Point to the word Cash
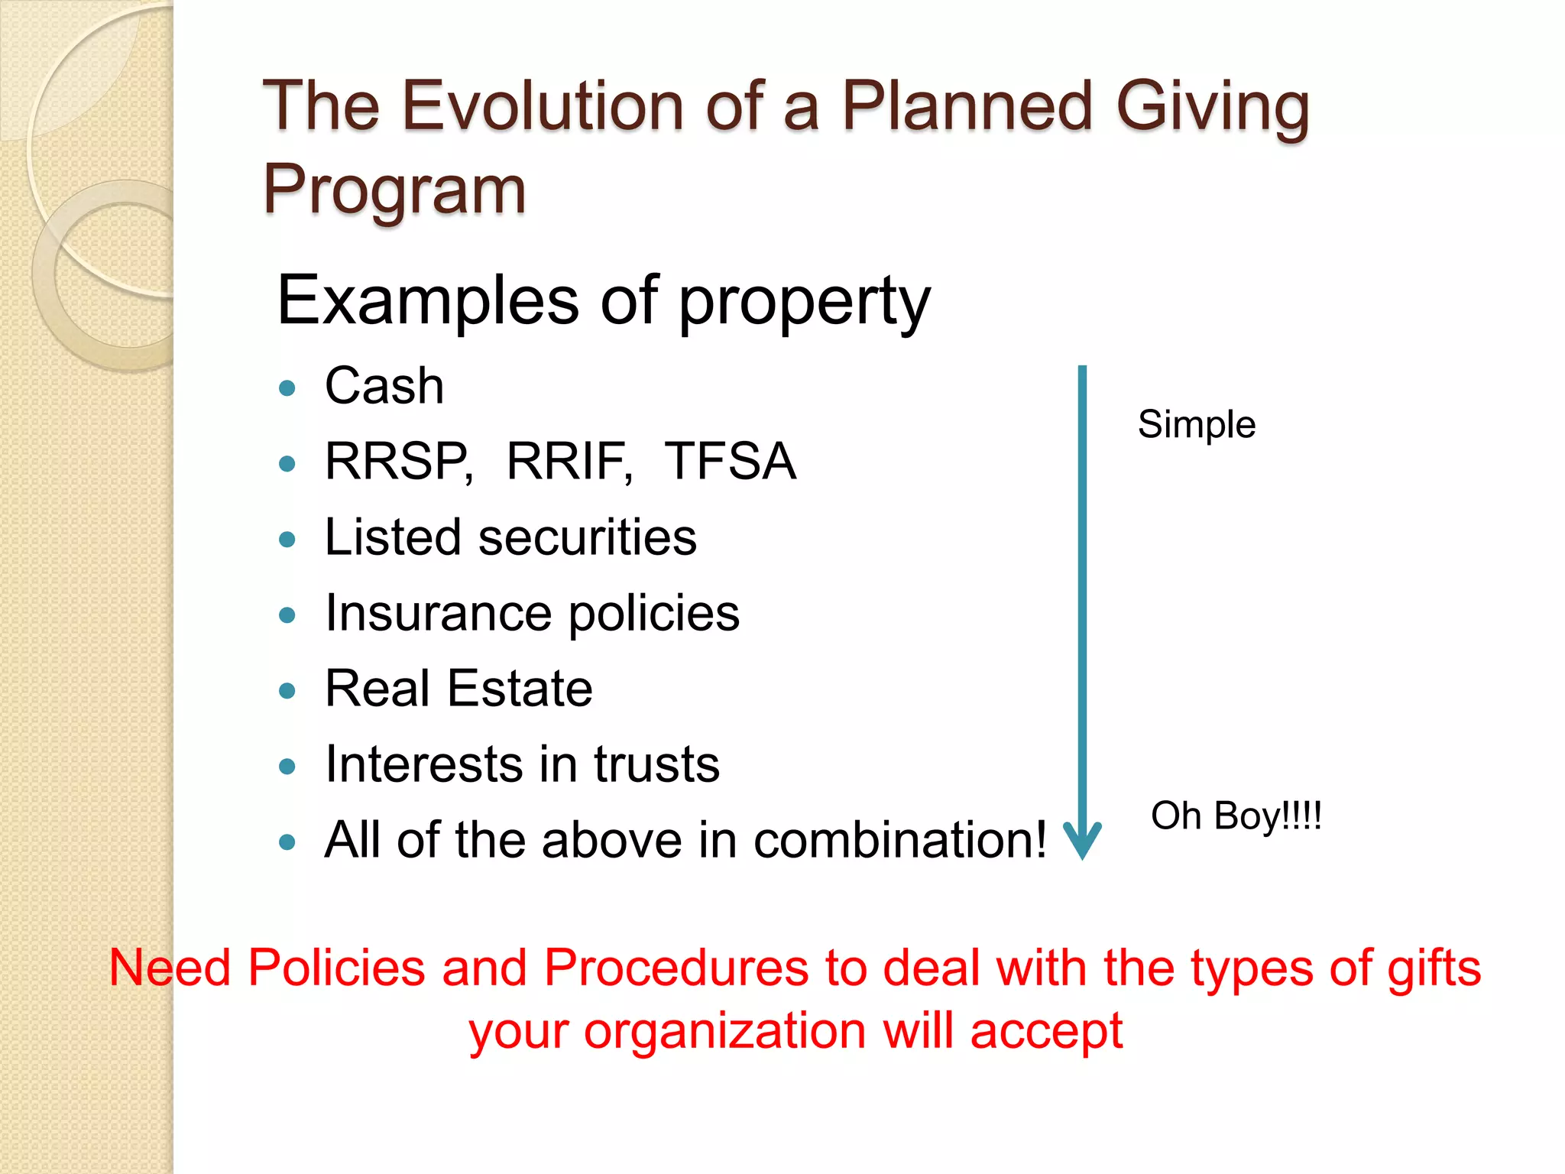384,386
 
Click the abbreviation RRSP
398,462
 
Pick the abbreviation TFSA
731,462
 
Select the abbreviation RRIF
569,462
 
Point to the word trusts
656,765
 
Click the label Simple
1197,425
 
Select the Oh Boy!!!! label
1236,816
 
